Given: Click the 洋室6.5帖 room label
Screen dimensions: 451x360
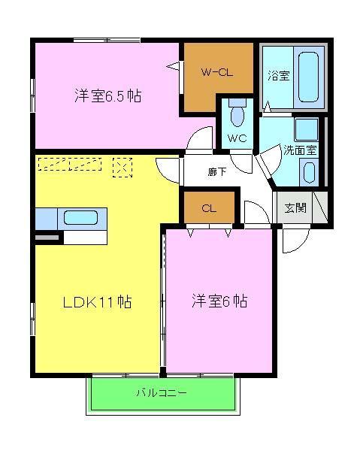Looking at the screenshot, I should pyautogui.click(x=108, y=96).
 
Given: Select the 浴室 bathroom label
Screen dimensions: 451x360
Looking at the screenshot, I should pyautogui.click(x=279, y=75).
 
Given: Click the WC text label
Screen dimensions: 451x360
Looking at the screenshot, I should pyautogui.click(x=237, y=138).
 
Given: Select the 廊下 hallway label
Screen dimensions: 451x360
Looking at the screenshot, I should pyautogui.click(x=217, y=172).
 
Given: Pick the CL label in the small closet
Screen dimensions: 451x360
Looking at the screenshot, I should pyautogui.click(x=209, y=208).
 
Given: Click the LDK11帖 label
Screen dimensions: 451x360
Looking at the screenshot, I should pyautogui.click(x=97, y=302).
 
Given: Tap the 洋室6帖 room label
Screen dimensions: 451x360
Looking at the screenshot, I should pyautogui.click(x=219, y=302).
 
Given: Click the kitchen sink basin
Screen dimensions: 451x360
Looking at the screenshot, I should pyautogui.click(x=80, y=218).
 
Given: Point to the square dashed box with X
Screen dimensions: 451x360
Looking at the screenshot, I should pyautogui.click(x=122, y=167).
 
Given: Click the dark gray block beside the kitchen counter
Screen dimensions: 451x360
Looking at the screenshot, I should pyautogui.click(x=47, y=238).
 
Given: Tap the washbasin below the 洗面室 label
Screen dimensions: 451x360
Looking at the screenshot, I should pyautogui.click(x=308, y=171).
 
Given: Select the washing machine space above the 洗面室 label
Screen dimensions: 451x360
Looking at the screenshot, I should pyautogui.click(x=306, y=129).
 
